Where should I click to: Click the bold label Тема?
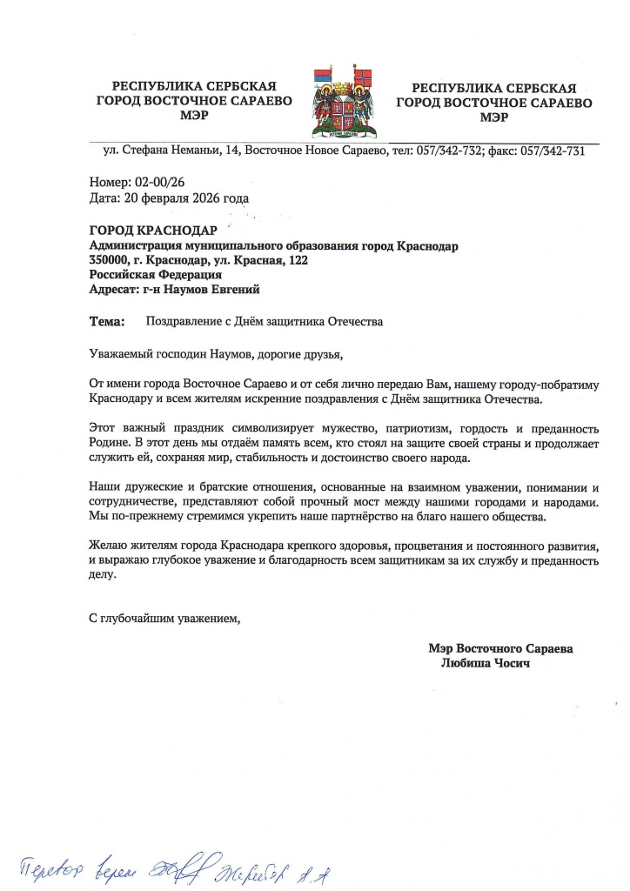[107, 322]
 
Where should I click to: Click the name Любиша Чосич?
[486, 663]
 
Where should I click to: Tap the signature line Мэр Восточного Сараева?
[500, 648]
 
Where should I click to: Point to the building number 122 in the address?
[298, 260]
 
